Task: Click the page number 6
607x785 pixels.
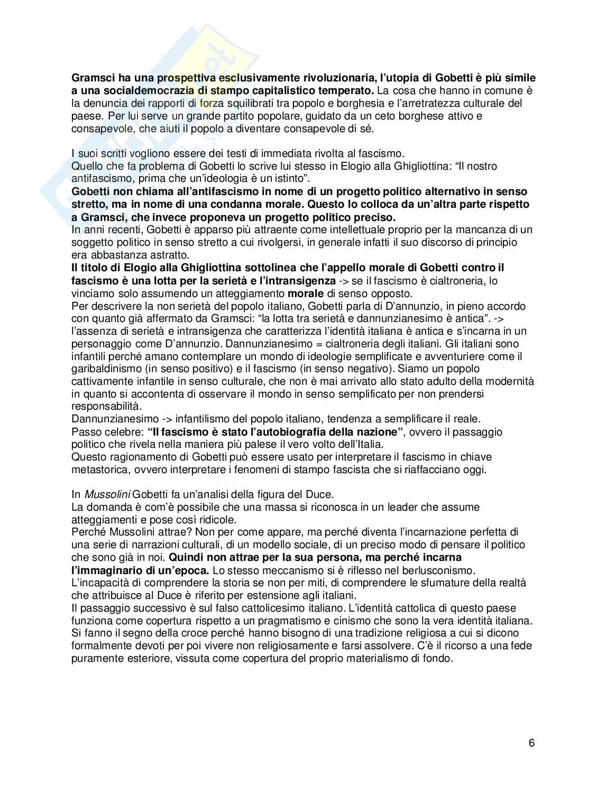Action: point(531,743)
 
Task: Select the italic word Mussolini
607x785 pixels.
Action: point(107,494)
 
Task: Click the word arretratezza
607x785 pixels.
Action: point(400,103)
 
